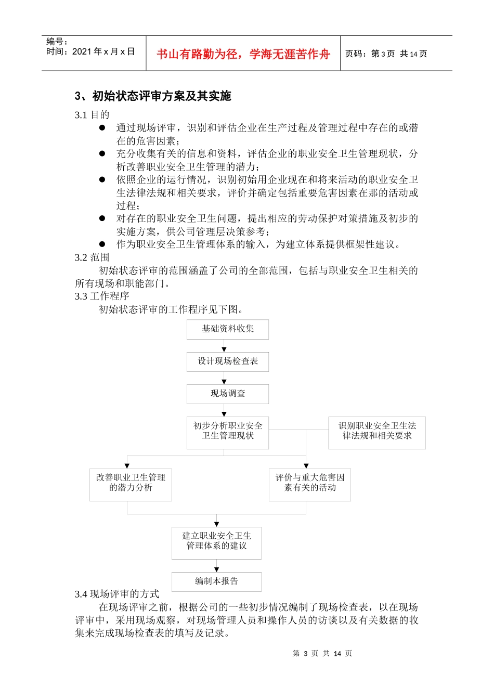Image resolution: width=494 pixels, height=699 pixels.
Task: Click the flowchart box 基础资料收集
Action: pos(228,329)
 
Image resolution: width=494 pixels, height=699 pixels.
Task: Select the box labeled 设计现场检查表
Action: pos(228,361)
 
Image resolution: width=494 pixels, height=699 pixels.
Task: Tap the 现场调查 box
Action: pos(228,394)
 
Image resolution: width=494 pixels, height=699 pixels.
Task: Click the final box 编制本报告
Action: pos(216,581)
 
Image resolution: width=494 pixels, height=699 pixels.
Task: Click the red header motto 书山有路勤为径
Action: pos(243,54)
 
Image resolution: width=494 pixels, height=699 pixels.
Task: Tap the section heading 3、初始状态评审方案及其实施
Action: pos(153,96)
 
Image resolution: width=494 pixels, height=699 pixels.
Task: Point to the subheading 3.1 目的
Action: pos(92,115)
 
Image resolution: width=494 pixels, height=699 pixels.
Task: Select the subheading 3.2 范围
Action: pos(92,257)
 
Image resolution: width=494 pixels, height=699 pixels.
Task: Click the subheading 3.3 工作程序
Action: pos(102,296)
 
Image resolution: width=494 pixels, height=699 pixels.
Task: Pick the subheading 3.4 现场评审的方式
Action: pos(117,594)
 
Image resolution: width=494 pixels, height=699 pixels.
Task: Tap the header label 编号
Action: pos(57,42)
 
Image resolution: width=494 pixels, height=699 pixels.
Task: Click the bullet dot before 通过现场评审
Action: pos(102,128)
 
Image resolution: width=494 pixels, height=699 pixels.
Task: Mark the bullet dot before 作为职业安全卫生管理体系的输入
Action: pos(102,244)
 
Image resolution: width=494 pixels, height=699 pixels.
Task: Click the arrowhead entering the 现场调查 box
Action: pos(224,382)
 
